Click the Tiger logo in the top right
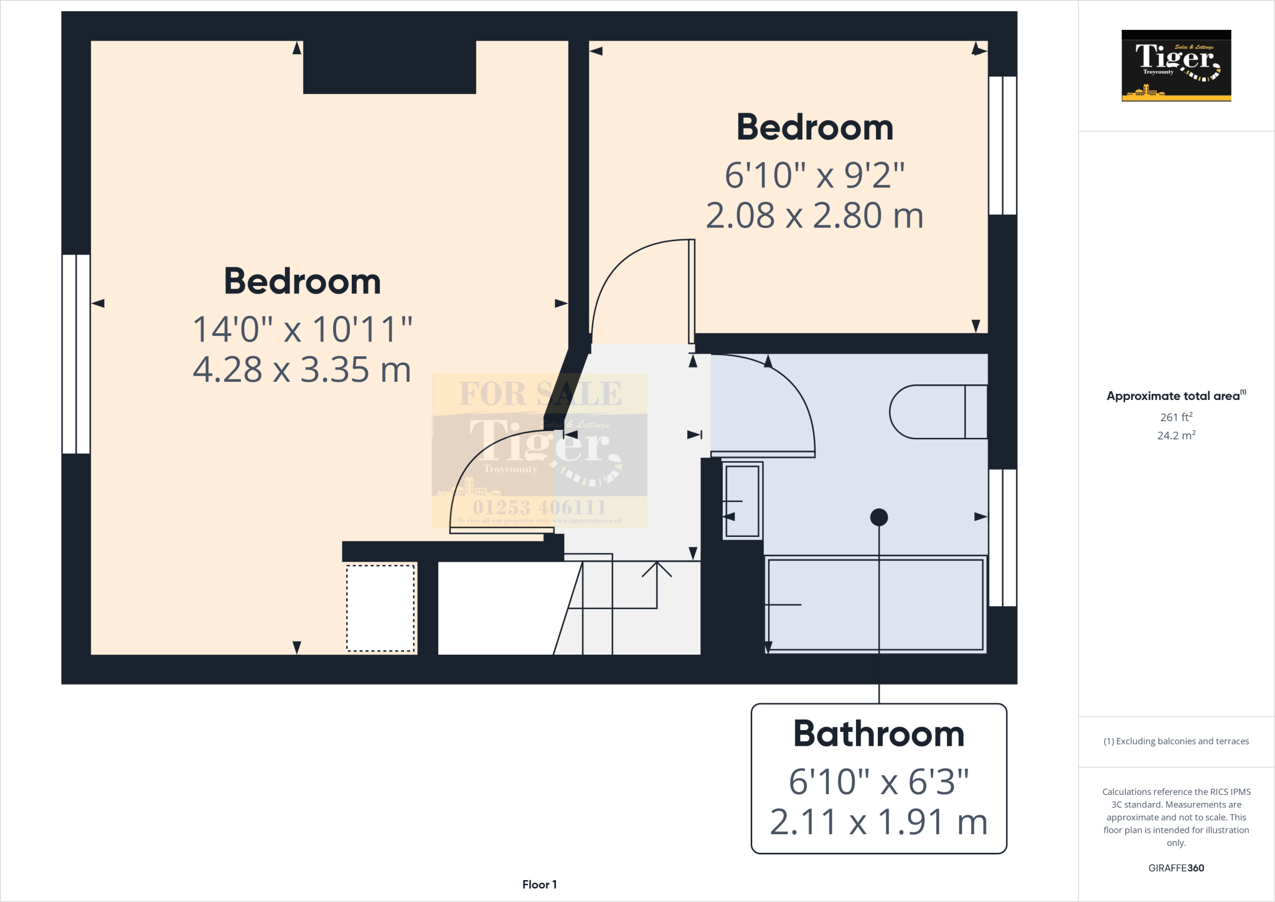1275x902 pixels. coord(1176,65)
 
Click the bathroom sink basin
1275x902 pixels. coord(742,501)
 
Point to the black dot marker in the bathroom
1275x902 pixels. coord(878,517)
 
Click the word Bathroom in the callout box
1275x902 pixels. coord(878,734)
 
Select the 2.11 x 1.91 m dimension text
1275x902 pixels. coord(878,822)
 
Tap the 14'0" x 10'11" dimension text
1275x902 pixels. coord(303,329)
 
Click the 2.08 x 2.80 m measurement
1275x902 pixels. coord(814,216)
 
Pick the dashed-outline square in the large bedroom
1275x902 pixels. coord(380,608)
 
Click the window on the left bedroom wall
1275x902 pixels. coord(76,354)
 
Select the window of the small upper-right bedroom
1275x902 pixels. coord(1002,146)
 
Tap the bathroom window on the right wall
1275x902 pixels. coord(1002,538)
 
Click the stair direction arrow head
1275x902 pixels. coord(657,568)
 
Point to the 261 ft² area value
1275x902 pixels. coord(1176,417)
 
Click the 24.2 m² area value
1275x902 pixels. coord(1176,435)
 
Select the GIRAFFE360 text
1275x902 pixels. coord(1176,868)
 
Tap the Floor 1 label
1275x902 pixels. coord(539,885)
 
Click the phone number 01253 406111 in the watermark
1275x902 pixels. coord(539,507)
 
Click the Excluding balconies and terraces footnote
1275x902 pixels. coord(1176,741)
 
